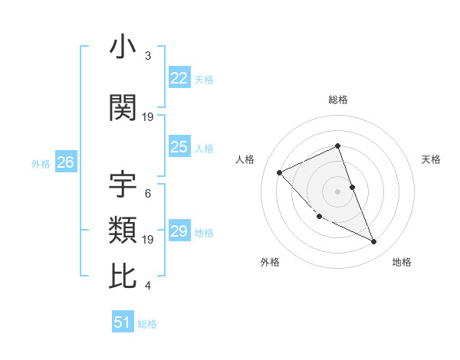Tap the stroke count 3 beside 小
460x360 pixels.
147,56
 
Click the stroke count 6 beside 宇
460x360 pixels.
147,193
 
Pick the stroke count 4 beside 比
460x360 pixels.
147,286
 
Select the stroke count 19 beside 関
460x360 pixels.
148,117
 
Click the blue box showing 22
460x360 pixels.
179,78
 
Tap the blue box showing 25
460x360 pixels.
179,147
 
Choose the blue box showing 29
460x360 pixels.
179,231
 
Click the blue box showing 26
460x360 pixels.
65,162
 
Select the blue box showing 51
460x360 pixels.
123,322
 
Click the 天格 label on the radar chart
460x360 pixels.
431,159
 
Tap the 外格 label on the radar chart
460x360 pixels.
270,262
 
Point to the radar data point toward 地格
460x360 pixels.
374,242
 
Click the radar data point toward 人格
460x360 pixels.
280,172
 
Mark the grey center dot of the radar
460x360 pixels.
337,191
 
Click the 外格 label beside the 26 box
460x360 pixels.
41,163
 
